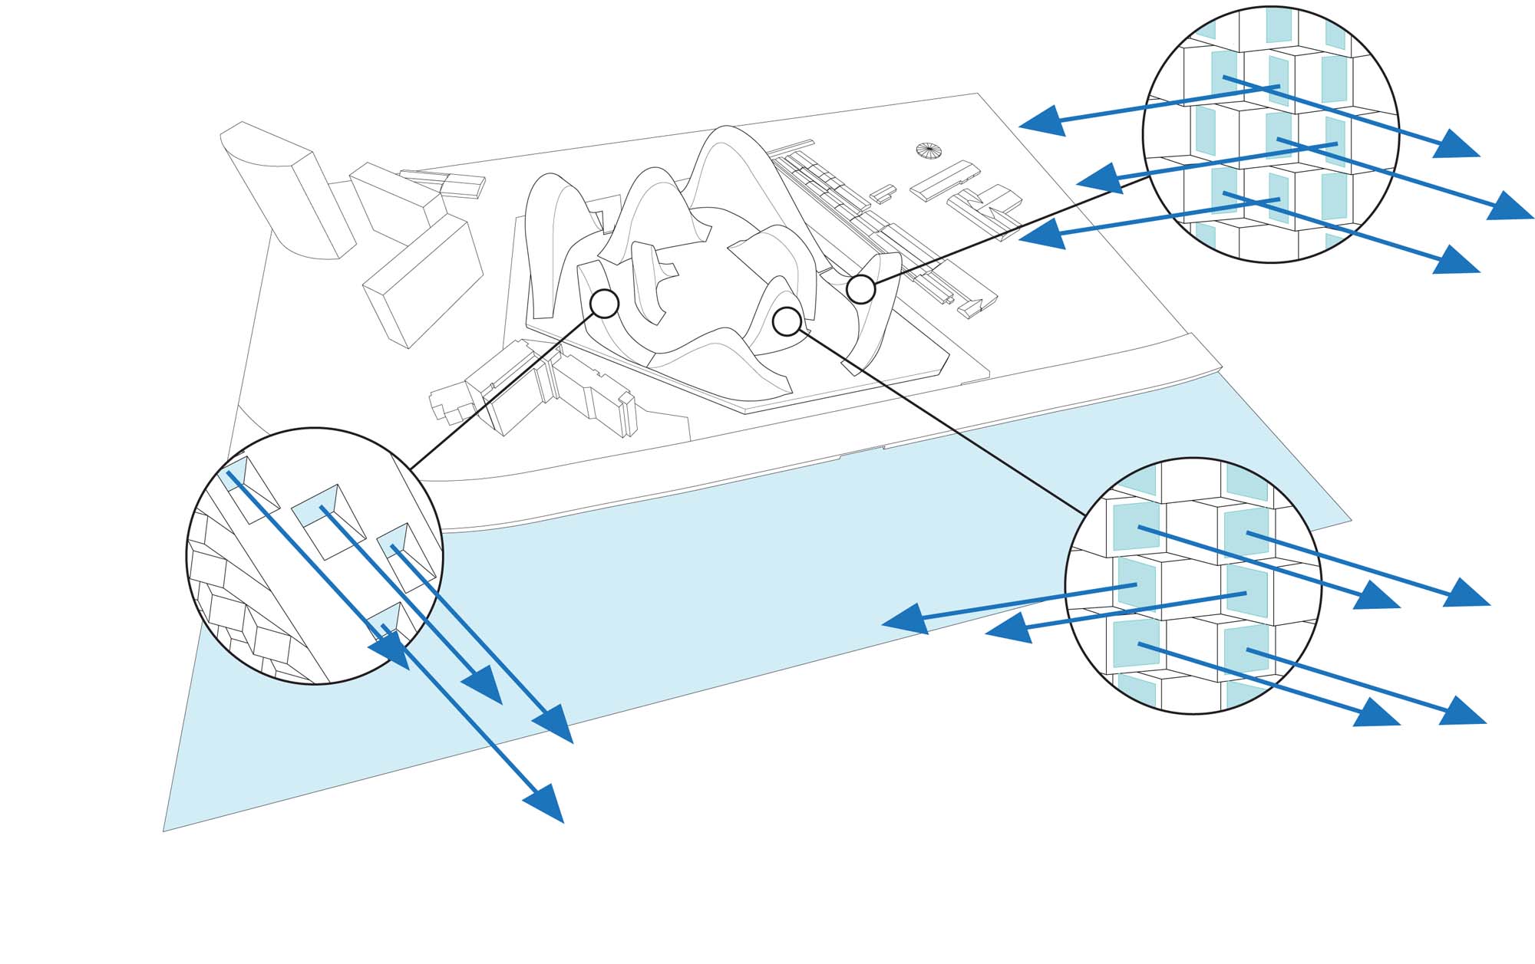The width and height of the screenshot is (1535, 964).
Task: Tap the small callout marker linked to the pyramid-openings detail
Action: pyautogui.click(x=605, y=304)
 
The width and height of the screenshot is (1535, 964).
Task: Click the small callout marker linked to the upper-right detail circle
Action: pyautogui.click(x=861, y=290)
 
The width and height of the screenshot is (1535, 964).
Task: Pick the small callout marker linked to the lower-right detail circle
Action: pyautogui.click(x=787, y=321)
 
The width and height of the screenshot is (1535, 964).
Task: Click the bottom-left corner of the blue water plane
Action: pyautogui.click(x=164, y=830)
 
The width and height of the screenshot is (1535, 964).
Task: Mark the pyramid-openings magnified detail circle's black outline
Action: pyautogui.click(x=187, y=556)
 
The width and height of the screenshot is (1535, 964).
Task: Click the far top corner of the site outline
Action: pyautogui.click(x=977, y=94)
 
